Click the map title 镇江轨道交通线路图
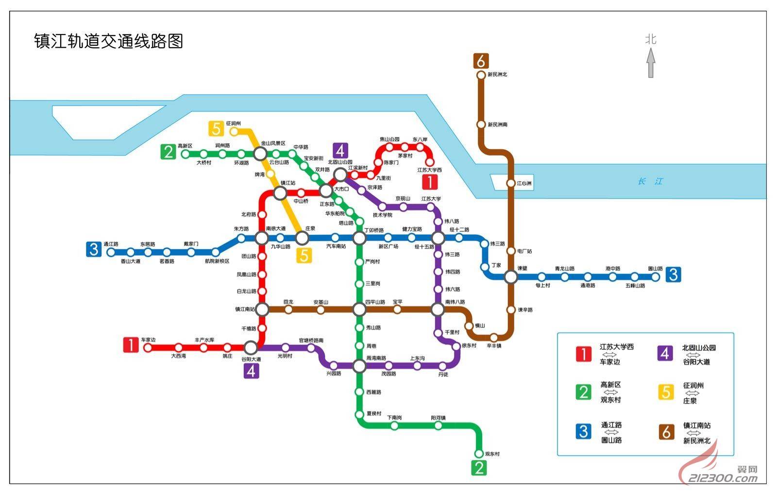click(x=108, y=41)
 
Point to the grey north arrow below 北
click(x=651, y=63)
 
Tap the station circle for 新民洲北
click(x=481, y=75)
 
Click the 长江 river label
click(x=650, y=181)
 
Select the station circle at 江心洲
click(x=511, y=183)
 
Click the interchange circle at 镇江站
click(x=280, y=194)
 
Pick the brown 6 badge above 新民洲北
click(x=481, y=61)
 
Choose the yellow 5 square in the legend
click(x=666, y=392)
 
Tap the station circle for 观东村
click(x=479, y=454)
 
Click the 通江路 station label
click(x=111, y=244)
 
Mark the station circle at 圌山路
click(x=655, y=277)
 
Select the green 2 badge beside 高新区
click(x=168, y=152)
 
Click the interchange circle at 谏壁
click(x=511, y=277)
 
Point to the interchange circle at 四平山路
click(x=359, y=309)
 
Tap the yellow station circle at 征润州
click(x=234, y=131)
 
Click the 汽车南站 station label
click(x=336, y=247)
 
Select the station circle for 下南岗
click(x=394, y=426)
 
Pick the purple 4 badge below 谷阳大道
click(x=251, y=371)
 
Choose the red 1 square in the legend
click(x=583, y=354)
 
